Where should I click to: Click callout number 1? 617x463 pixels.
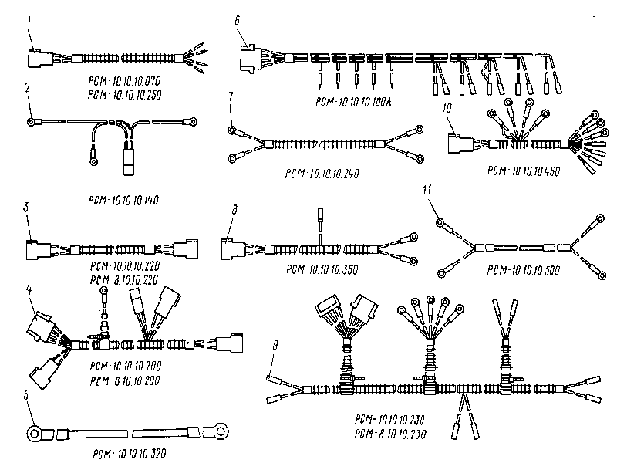27,21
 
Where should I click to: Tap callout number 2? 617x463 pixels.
27,89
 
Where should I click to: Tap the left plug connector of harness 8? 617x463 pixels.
232,248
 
